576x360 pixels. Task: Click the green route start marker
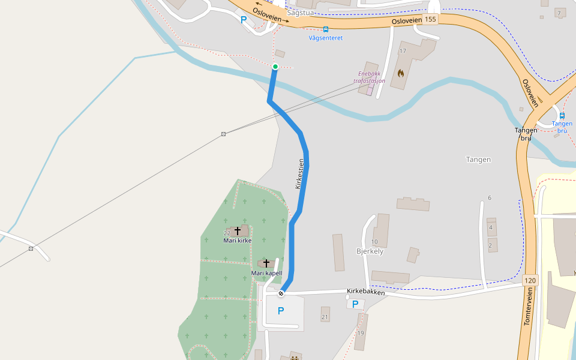coord(275,67)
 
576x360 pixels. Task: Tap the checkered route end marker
coord(280,293)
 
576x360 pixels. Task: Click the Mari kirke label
coord(237,241)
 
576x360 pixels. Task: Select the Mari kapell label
coord(266,274)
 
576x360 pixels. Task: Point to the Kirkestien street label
coord(300,174)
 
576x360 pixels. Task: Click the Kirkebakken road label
coord(365,292)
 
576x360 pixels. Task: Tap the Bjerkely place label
coord(370,251)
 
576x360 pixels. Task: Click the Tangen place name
coord(479,160)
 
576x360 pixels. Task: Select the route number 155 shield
coord(430,19)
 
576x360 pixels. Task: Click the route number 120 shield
coord(529,280)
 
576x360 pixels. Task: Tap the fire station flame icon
coord(401,73)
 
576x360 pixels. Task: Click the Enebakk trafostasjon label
coord(369,77)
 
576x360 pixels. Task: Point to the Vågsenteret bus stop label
coord(326,38)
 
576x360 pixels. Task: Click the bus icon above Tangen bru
coord(562,115)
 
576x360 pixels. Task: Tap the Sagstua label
coord(301,13)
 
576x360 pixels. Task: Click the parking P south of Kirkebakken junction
coord(280,311)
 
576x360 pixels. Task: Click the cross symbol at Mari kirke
coord(237,230)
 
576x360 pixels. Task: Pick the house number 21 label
coord(325,317)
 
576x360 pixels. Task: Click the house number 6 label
coord(490,198)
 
